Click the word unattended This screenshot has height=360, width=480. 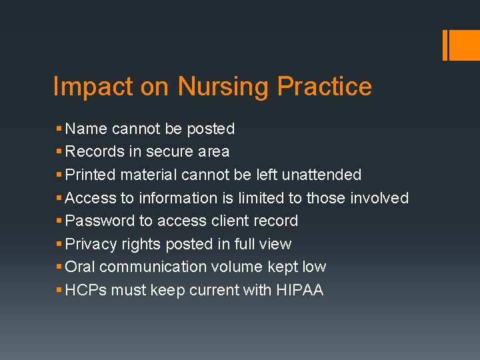pyautogui.click(x=321, y=175)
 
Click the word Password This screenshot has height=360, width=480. pyautogui.click(x=97, y=221)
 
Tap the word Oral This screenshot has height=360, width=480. pyautogui.click(x=81, y=267)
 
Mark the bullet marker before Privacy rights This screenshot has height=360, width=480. pyautogui.click(x=59, y=244)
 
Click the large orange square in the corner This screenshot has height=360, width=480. pyautogui.click(x=465, y=45)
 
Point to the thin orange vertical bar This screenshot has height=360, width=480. pyautogui.click(x=445, y=45)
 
